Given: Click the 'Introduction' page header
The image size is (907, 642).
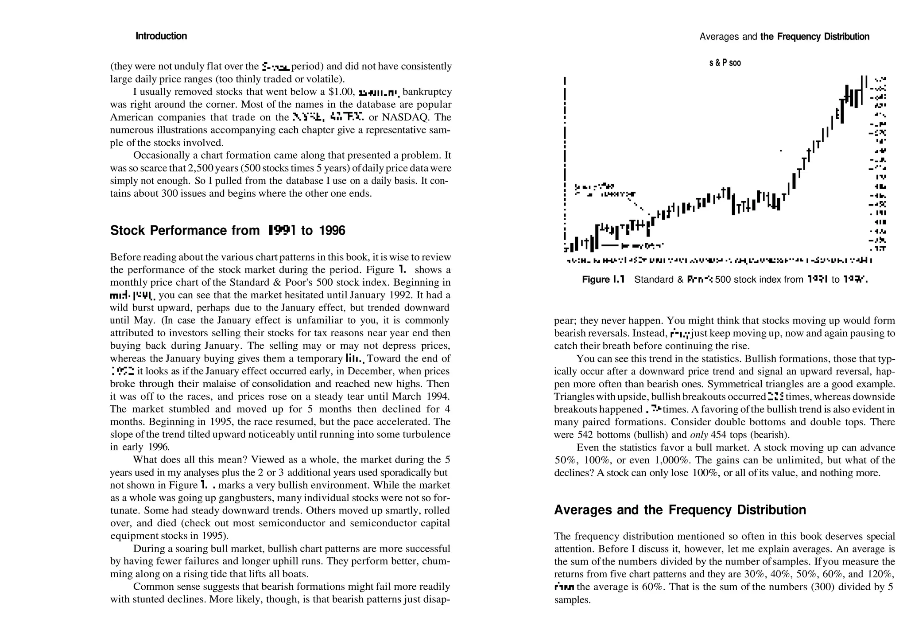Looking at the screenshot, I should [x=161, y=36].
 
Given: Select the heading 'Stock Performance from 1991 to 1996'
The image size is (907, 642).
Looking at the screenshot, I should [x=228, y=230].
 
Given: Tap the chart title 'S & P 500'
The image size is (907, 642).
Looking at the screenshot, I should [x=725, y=63].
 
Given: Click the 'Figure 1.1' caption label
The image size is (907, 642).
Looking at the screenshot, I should [x=603, y=280].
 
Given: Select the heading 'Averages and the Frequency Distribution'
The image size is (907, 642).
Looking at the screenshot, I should [x=680, y=510].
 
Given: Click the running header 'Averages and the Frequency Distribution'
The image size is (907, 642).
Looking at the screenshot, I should [x=784, y=37].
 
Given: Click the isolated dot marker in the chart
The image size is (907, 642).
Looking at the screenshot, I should [x=781, y=151].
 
